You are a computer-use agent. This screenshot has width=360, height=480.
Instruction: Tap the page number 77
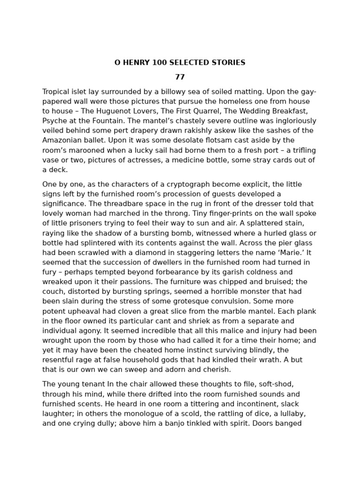[180, 77]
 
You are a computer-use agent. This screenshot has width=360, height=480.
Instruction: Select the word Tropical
[57, 92]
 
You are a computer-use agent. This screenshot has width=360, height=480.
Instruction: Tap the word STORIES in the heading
[228, 63]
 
